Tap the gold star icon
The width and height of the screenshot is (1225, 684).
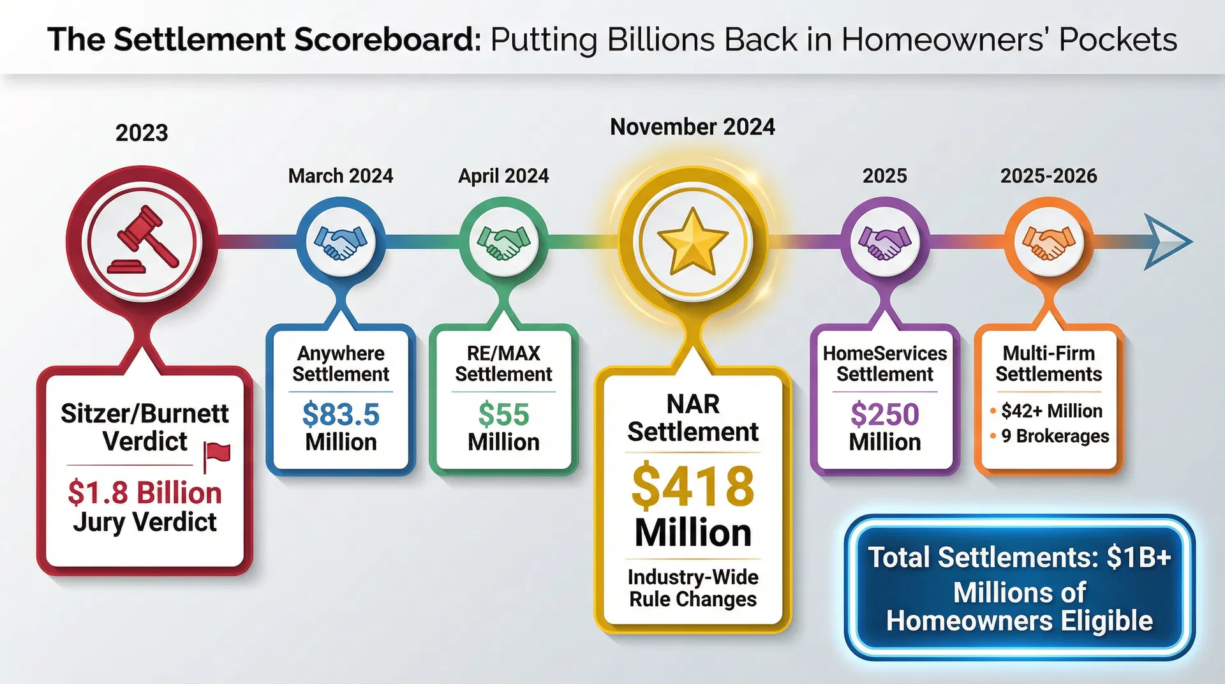[x=692, y=242]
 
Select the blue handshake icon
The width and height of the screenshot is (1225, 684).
[x=341, y=242]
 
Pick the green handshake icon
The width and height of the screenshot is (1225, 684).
[x=503, y=242]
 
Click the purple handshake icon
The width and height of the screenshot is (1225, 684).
[x=885, y=242]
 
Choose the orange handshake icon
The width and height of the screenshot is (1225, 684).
[x=1048, y=242]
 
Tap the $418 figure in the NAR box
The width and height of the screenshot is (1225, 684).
[x=692, y=487]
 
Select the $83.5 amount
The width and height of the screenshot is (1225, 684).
[x=341, y=415]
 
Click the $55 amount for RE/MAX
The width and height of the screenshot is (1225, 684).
[x=503, y=415]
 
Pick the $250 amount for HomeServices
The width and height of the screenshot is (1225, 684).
[x=885, y=415]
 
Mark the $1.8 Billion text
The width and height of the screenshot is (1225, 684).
[x=145, y=493]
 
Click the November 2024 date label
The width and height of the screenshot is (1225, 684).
[x=692, y=127]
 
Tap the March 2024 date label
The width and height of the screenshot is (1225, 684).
[x=341, y=176]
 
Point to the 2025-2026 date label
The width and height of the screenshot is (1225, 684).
[x=1048, y=176]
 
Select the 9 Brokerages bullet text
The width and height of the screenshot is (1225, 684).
[x=1055, y=436]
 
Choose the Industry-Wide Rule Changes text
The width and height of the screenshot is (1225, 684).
[x=692, y=588]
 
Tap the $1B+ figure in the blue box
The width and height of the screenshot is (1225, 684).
[x=1139, y=558]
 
